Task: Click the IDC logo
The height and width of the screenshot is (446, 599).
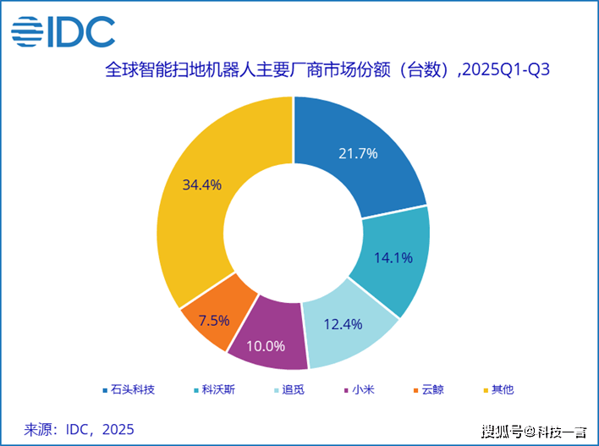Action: tap(63, 31)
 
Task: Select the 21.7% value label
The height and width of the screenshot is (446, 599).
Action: tap(357, 154)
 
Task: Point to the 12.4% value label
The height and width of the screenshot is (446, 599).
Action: tap(344, 324)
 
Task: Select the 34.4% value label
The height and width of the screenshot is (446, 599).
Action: tap(201, 184)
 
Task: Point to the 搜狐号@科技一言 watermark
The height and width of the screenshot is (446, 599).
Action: tap(535, 432)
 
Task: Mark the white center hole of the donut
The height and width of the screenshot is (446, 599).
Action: tap(293, 233)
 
